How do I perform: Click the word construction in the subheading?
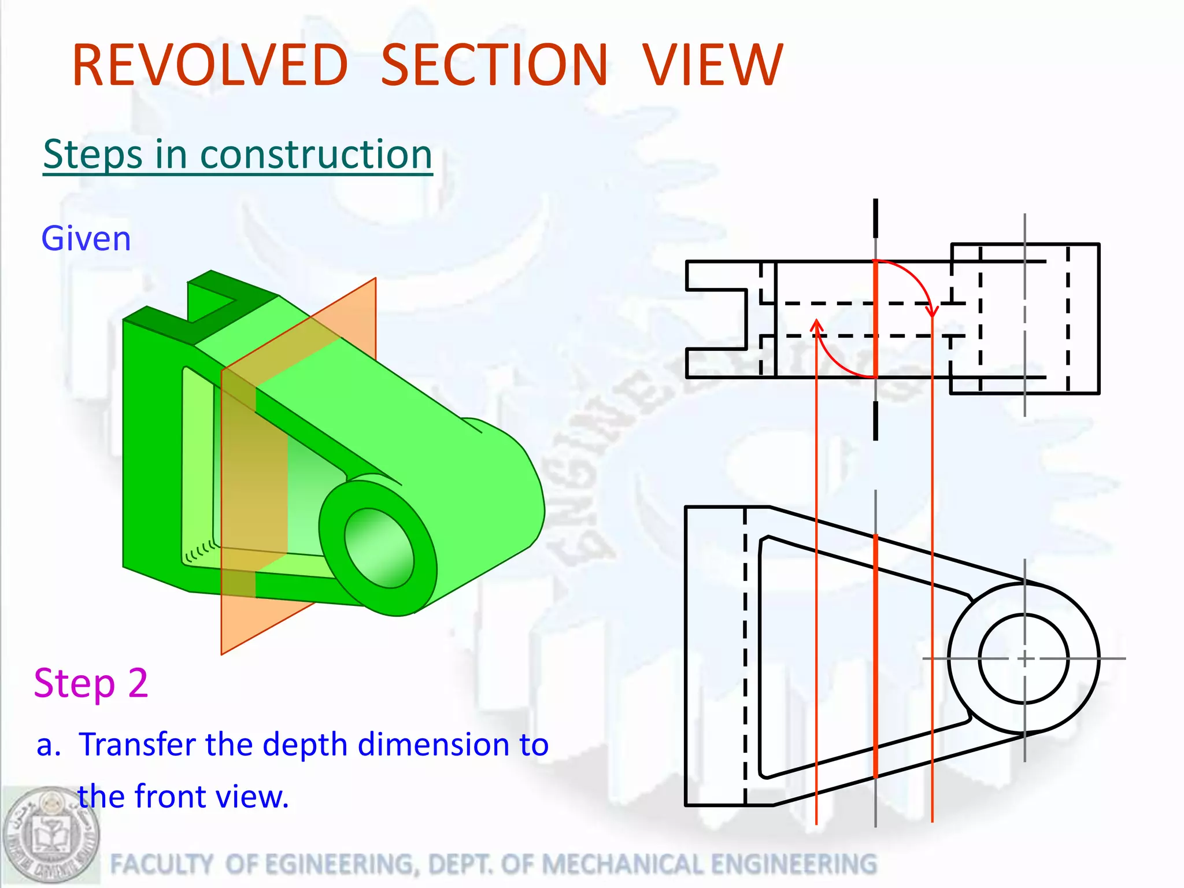[x=316, y=155]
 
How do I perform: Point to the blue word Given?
[x=86, y=239]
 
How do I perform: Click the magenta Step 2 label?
[x=91, y=683]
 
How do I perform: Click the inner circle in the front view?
[x=1024, y=658]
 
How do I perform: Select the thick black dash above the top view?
[x=875, y=218]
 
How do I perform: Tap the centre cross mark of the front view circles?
[x=1024, y=658]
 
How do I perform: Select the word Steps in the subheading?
[x=92, y=155]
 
